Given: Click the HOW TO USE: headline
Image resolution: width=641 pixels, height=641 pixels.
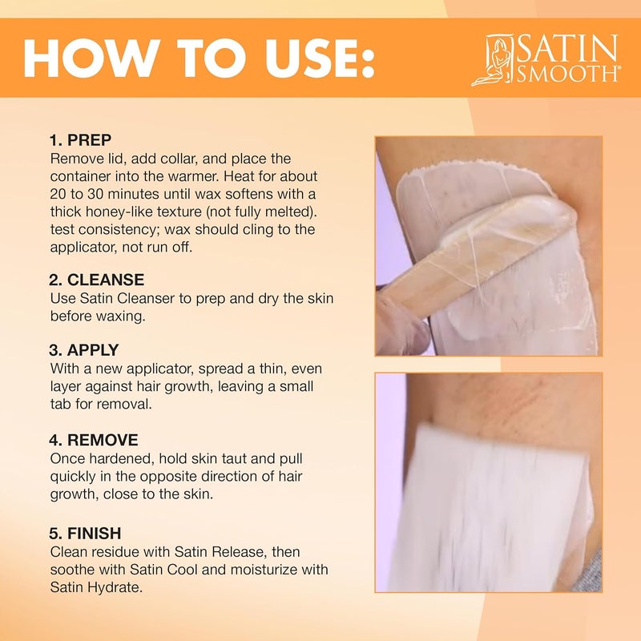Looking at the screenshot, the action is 199,58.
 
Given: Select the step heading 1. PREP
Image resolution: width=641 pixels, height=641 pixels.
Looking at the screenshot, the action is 80,140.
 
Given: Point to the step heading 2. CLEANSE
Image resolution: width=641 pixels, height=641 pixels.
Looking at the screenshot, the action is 96,280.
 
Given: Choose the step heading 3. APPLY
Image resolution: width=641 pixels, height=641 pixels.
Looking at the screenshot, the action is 84,350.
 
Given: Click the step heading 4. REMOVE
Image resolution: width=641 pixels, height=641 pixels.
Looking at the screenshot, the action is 94,440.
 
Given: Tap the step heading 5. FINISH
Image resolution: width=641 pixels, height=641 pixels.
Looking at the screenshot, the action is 85,534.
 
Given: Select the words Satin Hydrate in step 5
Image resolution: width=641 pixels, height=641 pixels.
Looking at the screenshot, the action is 95,588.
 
